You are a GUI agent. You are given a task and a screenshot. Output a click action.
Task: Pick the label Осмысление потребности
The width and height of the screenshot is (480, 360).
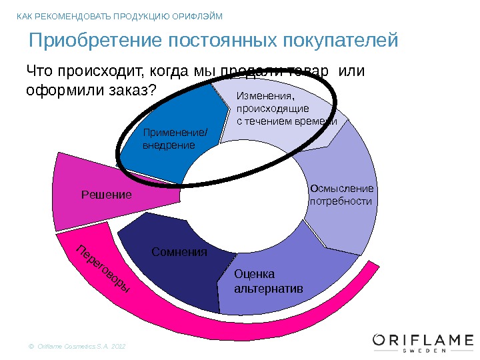tap(342, 194)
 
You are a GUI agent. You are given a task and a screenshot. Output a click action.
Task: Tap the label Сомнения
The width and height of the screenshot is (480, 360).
tap(180, 252)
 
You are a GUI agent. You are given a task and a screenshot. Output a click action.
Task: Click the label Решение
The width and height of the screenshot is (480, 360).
tap(107, 195)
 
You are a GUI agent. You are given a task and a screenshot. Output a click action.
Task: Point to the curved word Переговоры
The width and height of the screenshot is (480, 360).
tap(103, 270)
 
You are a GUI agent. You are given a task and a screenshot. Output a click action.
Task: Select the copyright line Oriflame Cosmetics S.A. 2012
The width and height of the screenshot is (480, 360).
tap(77, 347)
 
